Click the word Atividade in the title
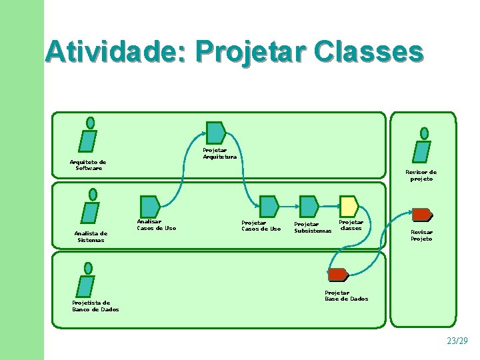113,52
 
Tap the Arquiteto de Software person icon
88,136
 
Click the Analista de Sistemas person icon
90,208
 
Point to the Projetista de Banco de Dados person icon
86,280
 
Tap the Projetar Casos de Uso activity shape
269,206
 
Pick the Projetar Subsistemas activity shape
309,206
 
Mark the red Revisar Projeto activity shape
421,215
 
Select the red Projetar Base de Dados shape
337,275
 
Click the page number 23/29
457,341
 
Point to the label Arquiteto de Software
88,165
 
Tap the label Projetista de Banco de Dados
95,306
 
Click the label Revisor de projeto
421,175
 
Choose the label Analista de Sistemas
91,237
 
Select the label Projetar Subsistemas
313,228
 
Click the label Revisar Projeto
421,235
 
